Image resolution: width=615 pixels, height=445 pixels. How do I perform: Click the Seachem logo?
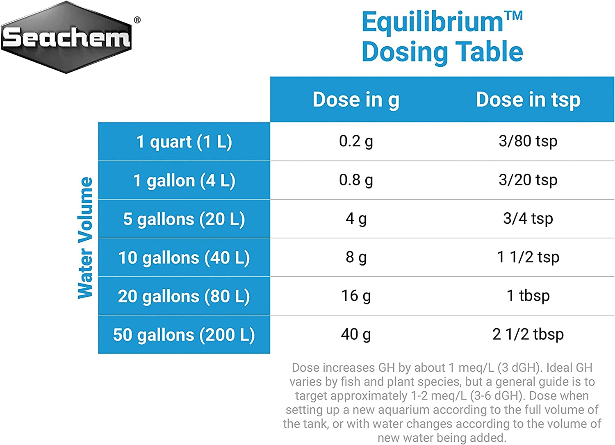pyautogui.click(x=66, y=37)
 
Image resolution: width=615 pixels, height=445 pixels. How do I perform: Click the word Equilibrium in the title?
pyautogui.click(x=432, y=22)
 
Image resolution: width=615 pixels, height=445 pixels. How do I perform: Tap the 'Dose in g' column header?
pyautogui.click(x=356, y=100)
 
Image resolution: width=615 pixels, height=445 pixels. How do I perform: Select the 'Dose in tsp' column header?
pyautogui.click(x=528, y=100)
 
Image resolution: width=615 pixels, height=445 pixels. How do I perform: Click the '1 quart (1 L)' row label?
pyautogui.click(x=184, y=142)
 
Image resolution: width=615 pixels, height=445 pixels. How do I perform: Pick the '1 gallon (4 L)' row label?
pyautogui.click(x=184, y=180)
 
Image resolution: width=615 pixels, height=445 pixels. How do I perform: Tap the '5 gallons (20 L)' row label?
pyautogui.click(x=184, y=219)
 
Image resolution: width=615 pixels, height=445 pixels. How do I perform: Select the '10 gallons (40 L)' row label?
pyautogui.click(x=184, y=258)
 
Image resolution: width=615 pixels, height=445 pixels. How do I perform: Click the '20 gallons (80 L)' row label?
pyautogui.click(x=184, y=296)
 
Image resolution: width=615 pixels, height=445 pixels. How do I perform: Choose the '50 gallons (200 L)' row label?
pyautogui.click(x=184, y=335)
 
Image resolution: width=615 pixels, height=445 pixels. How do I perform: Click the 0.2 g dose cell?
pyautogui.click(x=356, y=141)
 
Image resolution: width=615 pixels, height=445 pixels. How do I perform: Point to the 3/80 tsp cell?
pyautogui.click(x=528, y=141)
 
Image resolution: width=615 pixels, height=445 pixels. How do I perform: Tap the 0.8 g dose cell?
pyautogui.click(x=356, y=180)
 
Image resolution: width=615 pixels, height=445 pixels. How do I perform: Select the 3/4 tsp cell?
pyautogui.click(x=528, y=218)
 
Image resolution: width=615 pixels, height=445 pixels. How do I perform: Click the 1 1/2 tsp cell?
pyautogui.click(x=528, y=257)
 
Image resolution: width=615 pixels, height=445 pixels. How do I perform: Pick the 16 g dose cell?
pyautogui.click(x=356, y=295)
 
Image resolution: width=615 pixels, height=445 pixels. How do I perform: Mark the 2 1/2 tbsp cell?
pyautogui.click(x=528, y=334)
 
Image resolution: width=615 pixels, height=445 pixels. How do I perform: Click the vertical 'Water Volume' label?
pyautogui.click(x=85, y=238)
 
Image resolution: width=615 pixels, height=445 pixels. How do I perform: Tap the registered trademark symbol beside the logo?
pyautogui.click(x=137, y=20)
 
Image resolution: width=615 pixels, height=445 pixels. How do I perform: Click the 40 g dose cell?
pyautogui.click(x=356, y=334)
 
